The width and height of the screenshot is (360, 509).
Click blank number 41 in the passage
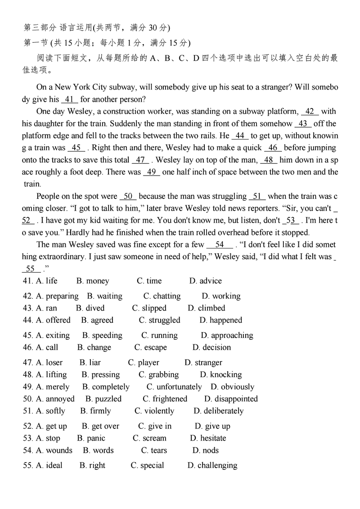(69, 99)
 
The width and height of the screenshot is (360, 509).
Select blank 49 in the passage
(152, 172)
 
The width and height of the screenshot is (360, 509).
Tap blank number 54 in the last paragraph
(220, 245)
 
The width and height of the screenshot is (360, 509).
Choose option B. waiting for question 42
(104, 296)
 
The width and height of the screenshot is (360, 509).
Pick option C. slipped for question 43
(149, 308)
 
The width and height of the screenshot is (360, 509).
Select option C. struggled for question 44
(159, 320)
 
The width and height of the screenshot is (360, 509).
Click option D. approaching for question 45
(227, 335)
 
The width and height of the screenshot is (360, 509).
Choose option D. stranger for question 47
(203, 363)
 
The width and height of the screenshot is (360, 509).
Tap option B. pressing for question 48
(101, 375)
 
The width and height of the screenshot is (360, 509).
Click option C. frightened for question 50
(165, 399)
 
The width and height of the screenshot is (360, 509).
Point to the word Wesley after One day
(73, 112)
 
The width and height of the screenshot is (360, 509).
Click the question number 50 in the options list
(28, 399)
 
